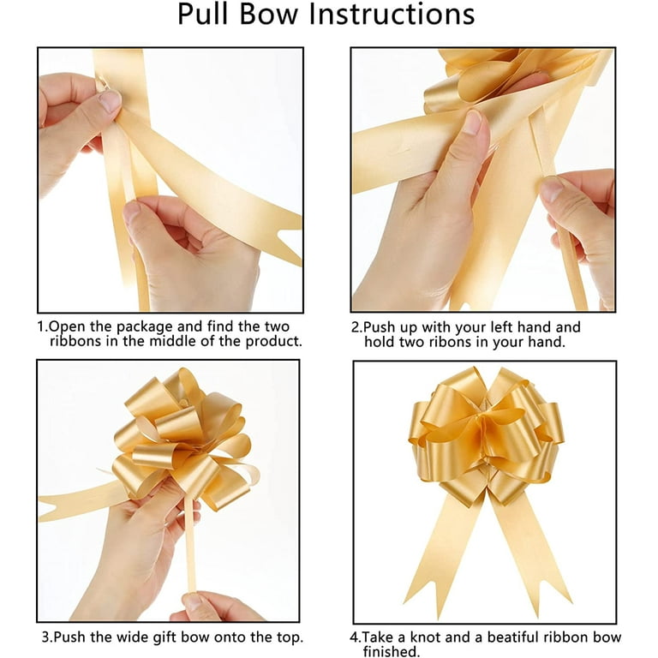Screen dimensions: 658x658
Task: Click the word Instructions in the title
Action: point(392,15)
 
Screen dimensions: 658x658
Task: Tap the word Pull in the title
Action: point(204,15)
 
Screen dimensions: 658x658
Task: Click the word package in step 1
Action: point(145,327)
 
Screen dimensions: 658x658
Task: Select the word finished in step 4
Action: point(390,651)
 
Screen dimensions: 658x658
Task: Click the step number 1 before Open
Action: point(41,327)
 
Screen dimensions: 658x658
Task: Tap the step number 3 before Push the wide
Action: point(45,637)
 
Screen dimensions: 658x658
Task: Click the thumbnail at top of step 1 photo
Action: point(110,101)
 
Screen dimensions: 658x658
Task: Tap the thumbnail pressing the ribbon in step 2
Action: point(473,122)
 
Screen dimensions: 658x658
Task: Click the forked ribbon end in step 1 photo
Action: point(290,243)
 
